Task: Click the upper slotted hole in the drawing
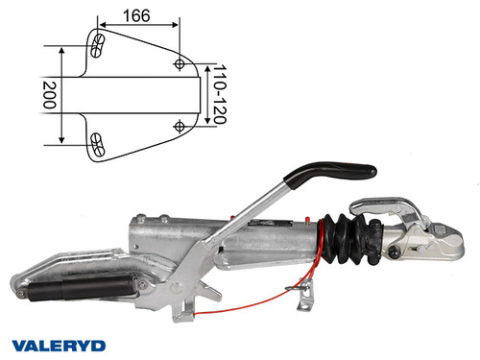[96, 44]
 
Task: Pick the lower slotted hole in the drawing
[96, 143]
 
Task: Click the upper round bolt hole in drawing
[180, 63]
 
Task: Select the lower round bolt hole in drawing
[180, 126]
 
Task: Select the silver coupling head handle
[384, 204]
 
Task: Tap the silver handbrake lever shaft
[250, 221]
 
